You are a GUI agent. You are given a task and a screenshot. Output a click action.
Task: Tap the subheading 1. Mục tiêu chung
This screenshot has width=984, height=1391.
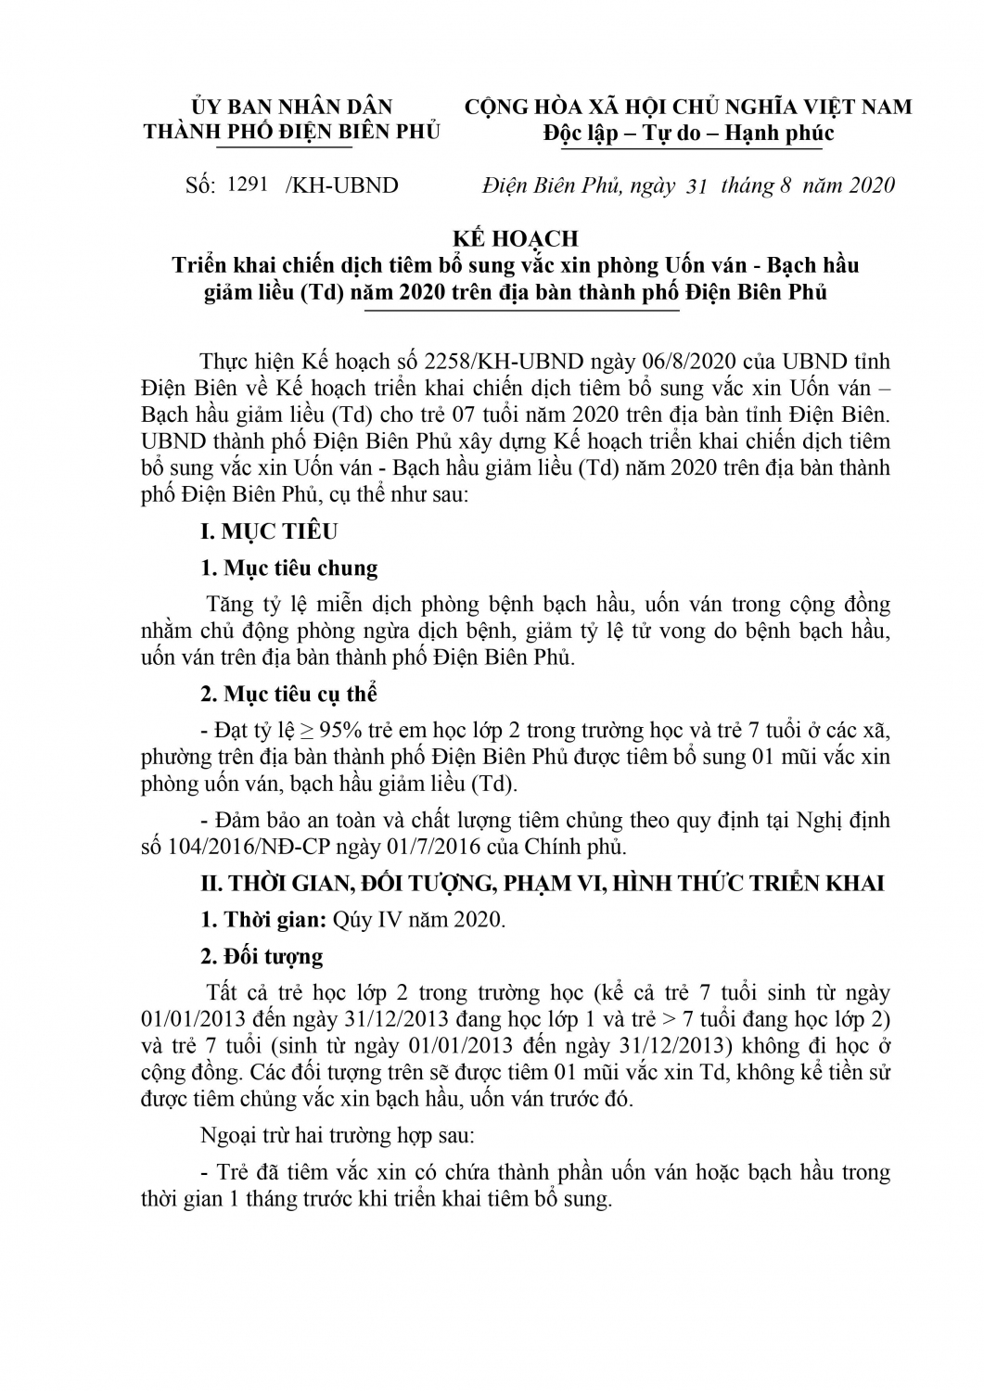point(289,568)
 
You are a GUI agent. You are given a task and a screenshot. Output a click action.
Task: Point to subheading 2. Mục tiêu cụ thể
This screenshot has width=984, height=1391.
point(289,694)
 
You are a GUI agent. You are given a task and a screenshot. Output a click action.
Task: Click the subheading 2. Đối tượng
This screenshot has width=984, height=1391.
point(262,956)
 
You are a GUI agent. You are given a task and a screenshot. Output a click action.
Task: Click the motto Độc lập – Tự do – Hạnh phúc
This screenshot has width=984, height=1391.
point(688,134)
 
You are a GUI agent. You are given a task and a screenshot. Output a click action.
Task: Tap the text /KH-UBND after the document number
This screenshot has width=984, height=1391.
point(341,185)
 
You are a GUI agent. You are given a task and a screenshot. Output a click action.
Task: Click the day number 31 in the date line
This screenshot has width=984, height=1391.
point(696,185)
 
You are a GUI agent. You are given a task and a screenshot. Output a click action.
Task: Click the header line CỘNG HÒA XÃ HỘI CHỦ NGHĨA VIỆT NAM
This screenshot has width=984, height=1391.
point(688,107)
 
